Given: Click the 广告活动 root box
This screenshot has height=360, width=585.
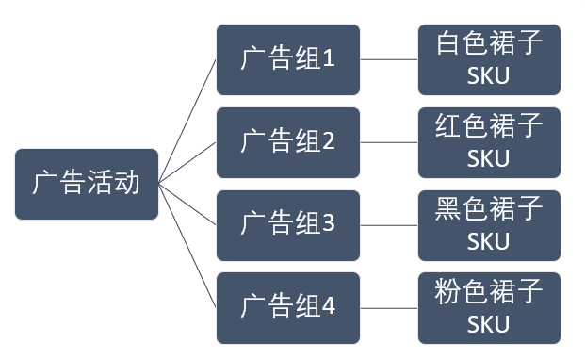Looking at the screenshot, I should coord(87,184).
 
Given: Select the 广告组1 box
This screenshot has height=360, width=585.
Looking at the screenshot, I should coord(287,60).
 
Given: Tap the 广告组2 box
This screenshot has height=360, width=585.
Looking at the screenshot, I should coord(287,142).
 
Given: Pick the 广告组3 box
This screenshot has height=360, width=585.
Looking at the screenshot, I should coord(287,225).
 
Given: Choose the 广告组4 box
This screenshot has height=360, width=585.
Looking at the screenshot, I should coord(287,307).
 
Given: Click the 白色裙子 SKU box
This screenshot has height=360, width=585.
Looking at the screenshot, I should coord(489,60).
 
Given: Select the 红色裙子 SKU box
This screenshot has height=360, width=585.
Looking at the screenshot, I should coord(489,142).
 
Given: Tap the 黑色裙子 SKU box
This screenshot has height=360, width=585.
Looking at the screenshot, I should coord(489,225).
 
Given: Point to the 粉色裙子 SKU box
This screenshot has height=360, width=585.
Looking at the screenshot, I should coord(489,307).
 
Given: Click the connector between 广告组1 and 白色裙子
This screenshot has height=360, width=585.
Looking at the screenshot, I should coord(389,60).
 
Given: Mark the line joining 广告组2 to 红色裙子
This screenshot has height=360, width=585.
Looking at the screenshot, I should coord(389,142).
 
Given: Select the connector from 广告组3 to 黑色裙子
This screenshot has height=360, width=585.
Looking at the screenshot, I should coord(389,225).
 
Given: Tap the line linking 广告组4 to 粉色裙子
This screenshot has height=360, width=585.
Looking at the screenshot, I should coord(389,307).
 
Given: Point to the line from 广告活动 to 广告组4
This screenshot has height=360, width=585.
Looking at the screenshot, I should coord(187,245).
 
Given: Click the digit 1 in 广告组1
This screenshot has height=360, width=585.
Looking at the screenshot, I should coord(329,60).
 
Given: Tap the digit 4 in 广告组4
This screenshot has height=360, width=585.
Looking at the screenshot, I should coord(329,307).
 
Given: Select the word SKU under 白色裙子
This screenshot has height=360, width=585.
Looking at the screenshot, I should coord(488,76).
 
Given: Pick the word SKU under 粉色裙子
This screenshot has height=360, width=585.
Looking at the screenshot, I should coord(488,323).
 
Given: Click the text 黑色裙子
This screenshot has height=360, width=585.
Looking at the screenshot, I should coord(489,209).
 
